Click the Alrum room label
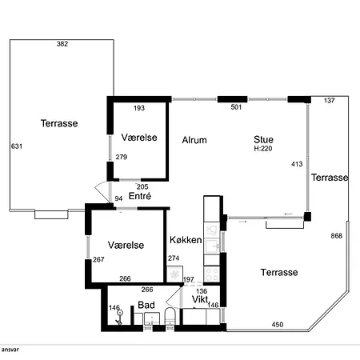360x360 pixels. click(194, 140)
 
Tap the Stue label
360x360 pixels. click(263, 139)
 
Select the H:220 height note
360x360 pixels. click(263, 149)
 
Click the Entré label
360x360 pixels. click(140, 196)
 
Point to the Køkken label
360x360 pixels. click(186, 240)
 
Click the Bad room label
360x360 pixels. click(146, 305)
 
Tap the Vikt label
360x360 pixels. click(200, 299)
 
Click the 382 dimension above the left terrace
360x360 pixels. click(62, 44)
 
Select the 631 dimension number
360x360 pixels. click(17, 146)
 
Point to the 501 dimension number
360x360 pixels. click(236, 107)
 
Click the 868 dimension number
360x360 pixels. click(336, 236)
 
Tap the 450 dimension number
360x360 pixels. click(278, 325)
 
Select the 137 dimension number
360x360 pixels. click(330, 101)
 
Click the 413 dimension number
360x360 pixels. click(297, 164)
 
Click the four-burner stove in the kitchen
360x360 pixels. click(212, 274)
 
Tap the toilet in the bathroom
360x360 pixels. click(170, 316)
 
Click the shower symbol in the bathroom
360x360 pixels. click(119, 317)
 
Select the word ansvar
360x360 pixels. click(10, 350)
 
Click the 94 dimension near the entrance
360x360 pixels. click(118, 198)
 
